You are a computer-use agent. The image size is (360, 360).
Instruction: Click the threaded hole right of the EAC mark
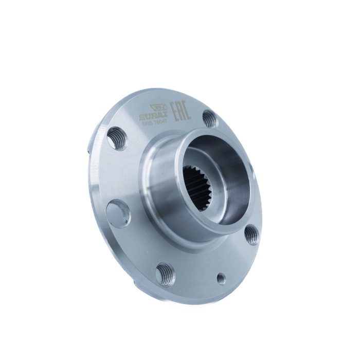pyautogui.click(x=208, y=119)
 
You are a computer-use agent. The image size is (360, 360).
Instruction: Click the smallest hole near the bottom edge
pyautogui.click(x=221, y=278)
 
